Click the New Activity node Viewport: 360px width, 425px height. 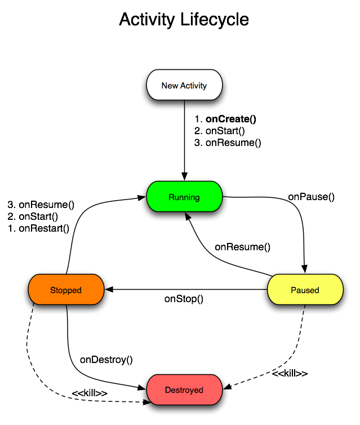184,86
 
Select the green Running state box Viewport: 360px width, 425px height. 184,197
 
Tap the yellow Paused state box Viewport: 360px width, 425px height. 305,290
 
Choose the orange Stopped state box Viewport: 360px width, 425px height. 66,290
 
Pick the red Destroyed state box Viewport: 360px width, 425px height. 184,390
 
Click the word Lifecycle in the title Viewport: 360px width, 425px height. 214,20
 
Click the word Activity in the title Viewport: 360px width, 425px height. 147,20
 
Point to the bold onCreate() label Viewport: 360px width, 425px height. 230,119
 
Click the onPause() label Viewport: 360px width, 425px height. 311,197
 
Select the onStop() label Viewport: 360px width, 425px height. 184,299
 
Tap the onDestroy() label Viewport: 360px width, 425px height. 106,359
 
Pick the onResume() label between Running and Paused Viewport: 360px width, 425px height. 242,247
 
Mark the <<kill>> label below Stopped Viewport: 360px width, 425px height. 90,392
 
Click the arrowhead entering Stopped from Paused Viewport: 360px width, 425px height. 109,290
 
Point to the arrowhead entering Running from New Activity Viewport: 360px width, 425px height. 184,177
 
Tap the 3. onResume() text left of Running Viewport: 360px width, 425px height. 41,205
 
